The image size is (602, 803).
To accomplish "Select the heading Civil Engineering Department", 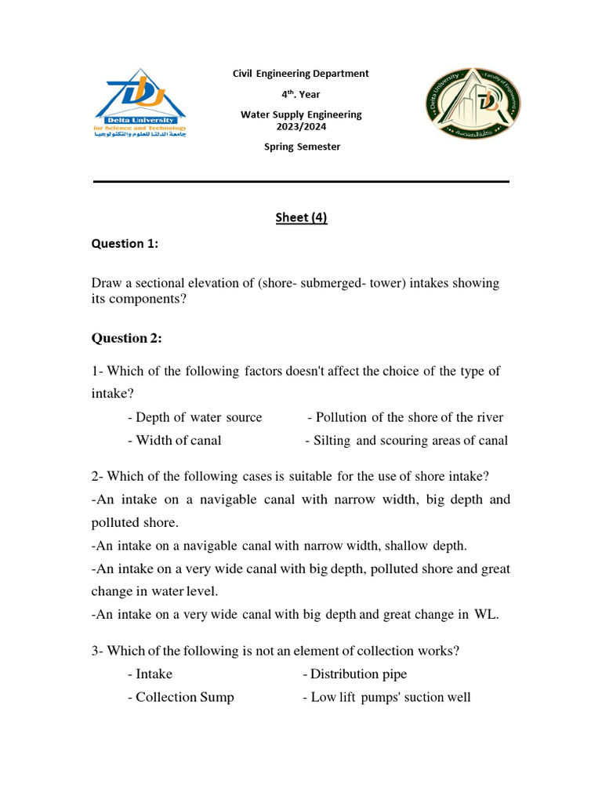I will pos(300,74).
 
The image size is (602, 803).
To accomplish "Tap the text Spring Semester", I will pos(302,147).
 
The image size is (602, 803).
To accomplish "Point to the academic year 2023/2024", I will pos(301,126).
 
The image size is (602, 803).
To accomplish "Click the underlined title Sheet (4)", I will pos(301,218).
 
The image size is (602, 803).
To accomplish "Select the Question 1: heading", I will pos(125,244).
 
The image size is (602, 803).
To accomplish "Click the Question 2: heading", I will pos(127,339).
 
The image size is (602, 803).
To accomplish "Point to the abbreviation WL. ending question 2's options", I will pos(486,615).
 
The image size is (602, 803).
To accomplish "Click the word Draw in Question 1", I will pos(107,283).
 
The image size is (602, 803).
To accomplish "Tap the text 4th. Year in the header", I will pos(301,94).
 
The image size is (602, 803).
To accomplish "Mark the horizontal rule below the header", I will pos(301,181).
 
